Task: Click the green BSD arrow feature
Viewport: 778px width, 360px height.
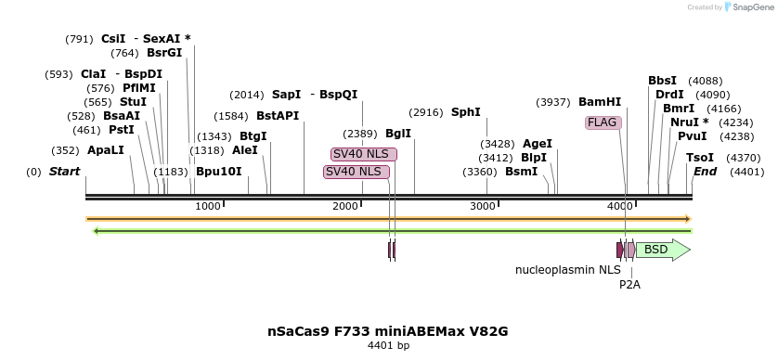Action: tap(662, 250)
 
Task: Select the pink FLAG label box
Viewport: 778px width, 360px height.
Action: tap(602, 122)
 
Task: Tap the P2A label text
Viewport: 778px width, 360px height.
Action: tap(629, 285)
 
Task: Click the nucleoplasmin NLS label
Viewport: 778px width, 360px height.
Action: tap(567, 270)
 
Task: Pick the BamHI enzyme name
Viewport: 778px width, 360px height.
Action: tap(600, 102)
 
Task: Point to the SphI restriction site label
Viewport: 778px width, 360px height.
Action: tap(466, 112)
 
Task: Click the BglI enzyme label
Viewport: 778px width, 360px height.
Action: tap(398, 134)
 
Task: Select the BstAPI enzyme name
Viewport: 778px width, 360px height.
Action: tap(278, 116)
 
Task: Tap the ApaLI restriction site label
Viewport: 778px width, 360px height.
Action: tap(105, 149)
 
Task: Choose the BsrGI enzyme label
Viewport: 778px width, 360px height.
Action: tap(164, 53)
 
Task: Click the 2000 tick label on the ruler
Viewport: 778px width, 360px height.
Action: tap(344, 206)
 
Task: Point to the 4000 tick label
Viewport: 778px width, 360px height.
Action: tap(619, 206)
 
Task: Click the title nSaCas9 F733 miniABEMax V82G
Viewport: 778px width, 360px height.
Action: tap(388, 331)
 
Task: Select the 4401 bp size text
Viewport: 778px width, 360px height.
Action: tap(388, 346)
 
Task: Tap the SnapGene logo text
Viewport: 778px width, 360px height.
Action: tap(751, 7)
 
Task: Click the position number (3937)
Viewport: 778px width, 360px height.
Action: tap(553, 102)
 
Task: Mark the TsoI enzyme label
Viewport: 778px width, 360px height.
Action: tap(700, 158)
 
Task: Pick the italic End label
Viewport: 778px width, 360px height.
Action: tap(706, 172)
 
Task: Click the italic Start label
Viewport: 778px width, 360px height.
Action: tap(64, 172)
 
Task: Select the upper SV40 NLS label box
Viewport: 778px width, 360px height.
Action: tap(364, 154)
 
